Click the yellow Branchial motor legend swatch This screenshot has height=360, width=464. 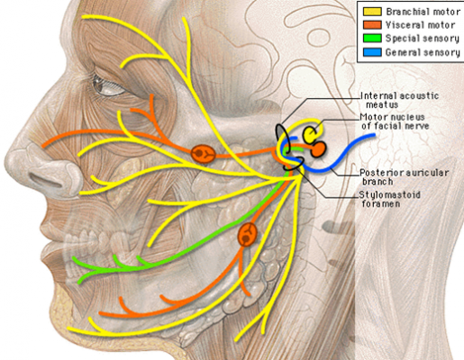coord(372,12)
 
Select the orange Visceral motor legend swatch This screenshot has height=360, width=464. coord(372,25)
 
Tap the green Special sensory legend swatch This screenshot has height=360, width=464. coord(372,39)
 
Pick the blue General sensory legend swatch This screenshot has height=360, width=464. coord(372,52)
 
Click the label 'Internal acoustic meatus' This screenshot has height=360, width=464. coord(399,100)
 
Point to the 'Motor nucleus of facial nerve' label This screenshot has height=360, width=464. coord(395,121)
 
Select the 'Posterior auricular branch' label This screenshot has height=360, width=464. coord(405,177)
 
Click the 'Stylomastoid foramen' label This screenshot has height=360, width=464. coord(390,199)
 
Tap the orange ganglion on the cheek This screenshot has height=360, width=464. coord(204,154)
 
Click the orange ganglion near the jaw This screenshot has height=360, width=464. coord(248,235)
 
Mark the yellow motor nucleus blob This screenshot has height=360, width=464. coord(309,134)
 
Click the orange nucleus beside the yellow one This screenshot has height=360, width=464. coord(318,149)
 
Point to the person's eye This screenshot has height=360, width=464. coord(107,85)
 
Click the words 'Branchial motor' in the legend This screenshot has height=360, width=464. coord(423,12)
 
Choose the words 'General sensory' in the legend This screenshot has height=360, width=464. coord(423,52)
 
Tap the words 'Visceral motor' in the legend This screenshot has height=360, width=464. coord(420,25)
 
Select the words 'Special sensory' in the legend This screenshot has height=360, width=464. coord(423,39)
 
